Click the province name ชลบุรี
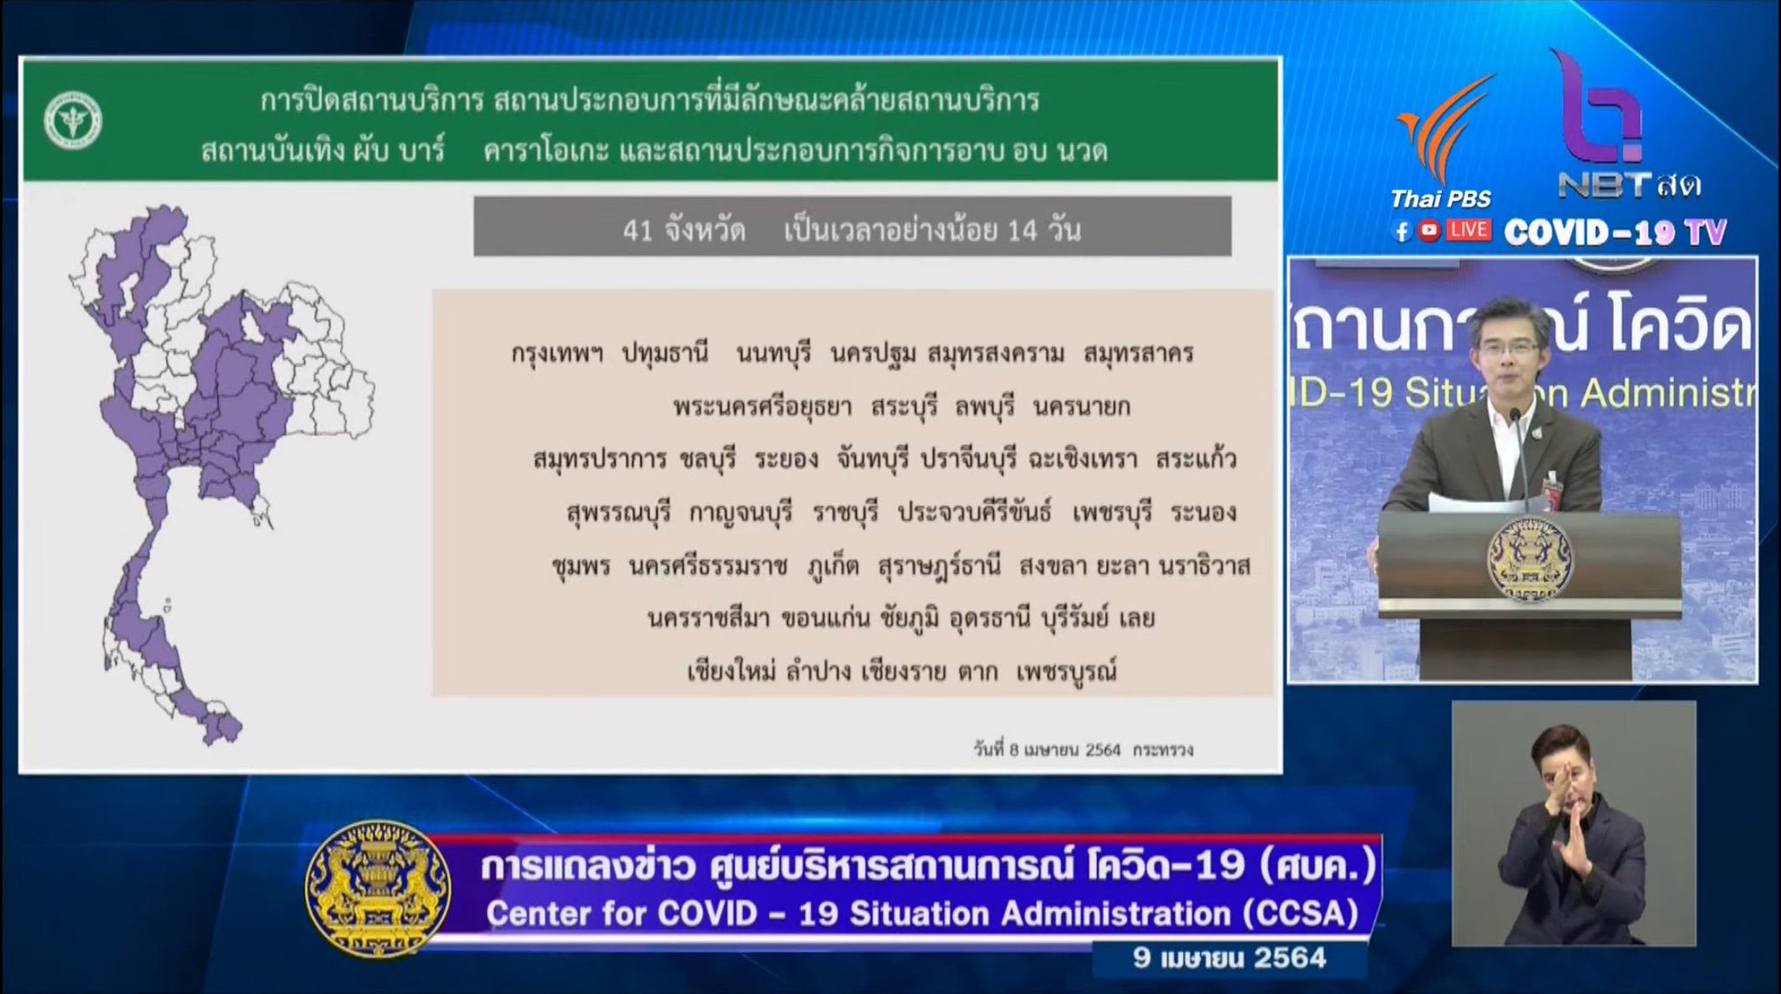click(708, 459)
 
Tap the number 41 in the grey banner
click(637, 230)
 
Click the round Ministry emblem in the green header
click(73, 120)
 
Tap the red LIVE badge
click(1468, 230)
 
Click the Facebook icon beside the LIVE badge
click(1401, 230)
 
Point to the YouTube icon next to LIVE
click(1429, 230)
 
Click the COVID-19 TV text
click(1615, 232)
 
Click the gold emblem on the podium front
click(1530, 559)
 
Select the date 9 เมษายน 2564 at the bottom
click(1230, 958)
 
